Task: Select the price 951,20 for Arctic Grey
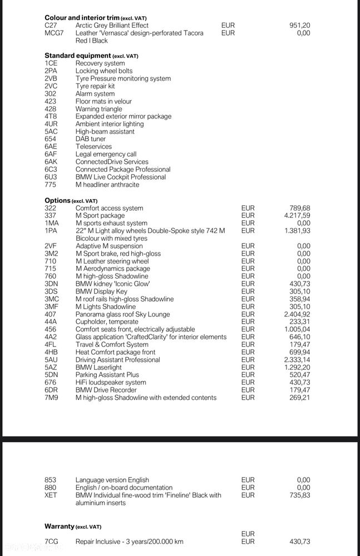[x=300, y=26]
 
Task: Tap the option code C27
[x=51, y=26]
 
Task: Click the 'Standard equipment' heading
[x=78, y=56]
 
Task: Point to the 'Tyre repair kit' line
[x=95, y=86]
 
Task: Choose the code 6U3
[x=51, y=177]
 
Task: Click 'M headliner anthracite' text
[x=107, y=185]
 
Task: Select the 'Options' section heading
[x=58, y=200]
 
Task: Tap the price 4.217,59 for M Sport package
[x=297, y=216]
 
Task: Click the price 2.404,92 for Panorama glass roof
[x=297, y=314]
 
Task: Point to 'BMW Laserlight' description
[x=98, y=367]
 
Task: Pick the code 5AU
[x=51, y=360]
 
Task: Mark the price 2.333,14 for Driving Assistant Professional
[x=297, y=360]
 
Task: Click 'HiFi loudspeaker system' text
[x=111, y=383]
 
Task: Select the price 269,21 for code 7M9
[x=300, y=398]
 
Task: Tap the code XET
[x=51, y=495]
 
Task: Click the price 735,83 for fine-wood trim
[x=300, y=495]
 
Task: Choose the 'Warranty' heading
[x=60, y=526]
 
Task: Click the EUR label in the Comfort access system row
[x=248, y=208]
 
